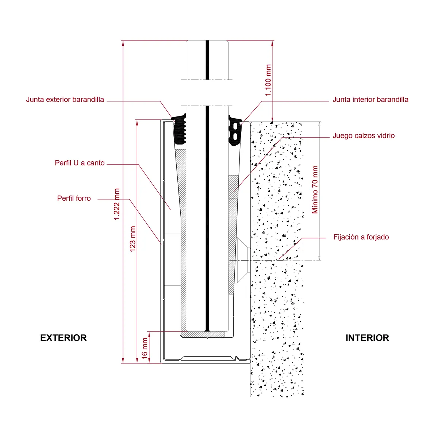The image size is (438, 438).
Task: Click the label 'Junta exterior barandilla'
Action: pos(65,100)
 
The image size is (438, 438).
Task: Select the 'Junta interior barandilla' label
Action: pos(370,100)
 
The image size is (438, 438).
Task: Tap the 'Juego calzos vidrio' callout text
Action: pos(364,136)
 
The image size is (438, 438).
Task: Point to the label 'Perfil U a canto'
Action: pos(80,163)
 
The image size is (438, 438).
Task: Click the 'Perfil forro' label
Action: pos(74,199)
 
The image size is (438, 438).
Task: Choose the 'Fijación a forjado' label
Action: pos(361,237)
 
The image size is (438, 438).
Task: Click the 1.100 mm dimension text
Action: pos(268,80)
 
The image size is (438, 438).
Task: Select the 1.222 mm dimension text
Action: pos(117,204)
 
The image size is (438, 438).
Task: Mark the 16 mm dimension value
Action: pos(145,347)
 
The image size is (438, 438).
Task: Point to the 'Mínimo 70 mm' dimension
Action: pos(315,190)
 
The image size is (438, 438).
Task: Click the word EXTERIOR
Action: pos(64,338)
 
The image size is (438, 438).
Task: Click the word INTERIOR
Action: pos(367,338)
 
